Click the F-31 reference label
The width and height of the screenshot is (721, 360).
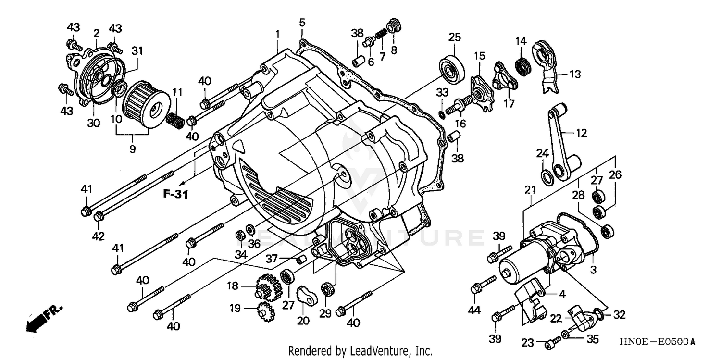[174, 195]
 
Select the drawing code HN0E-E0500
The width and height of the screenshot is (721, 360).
[657, 342]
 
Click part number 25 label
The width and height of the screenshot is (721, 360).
[455, 37]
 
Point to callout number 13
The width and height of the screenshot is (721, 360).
[575, 74]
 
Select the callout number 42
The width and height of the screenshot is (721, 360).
[99, 236]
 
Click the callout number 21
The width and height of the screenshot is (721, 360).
[530, 190]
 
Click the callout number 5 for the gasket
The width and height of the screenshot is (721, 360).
[301, 22]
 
